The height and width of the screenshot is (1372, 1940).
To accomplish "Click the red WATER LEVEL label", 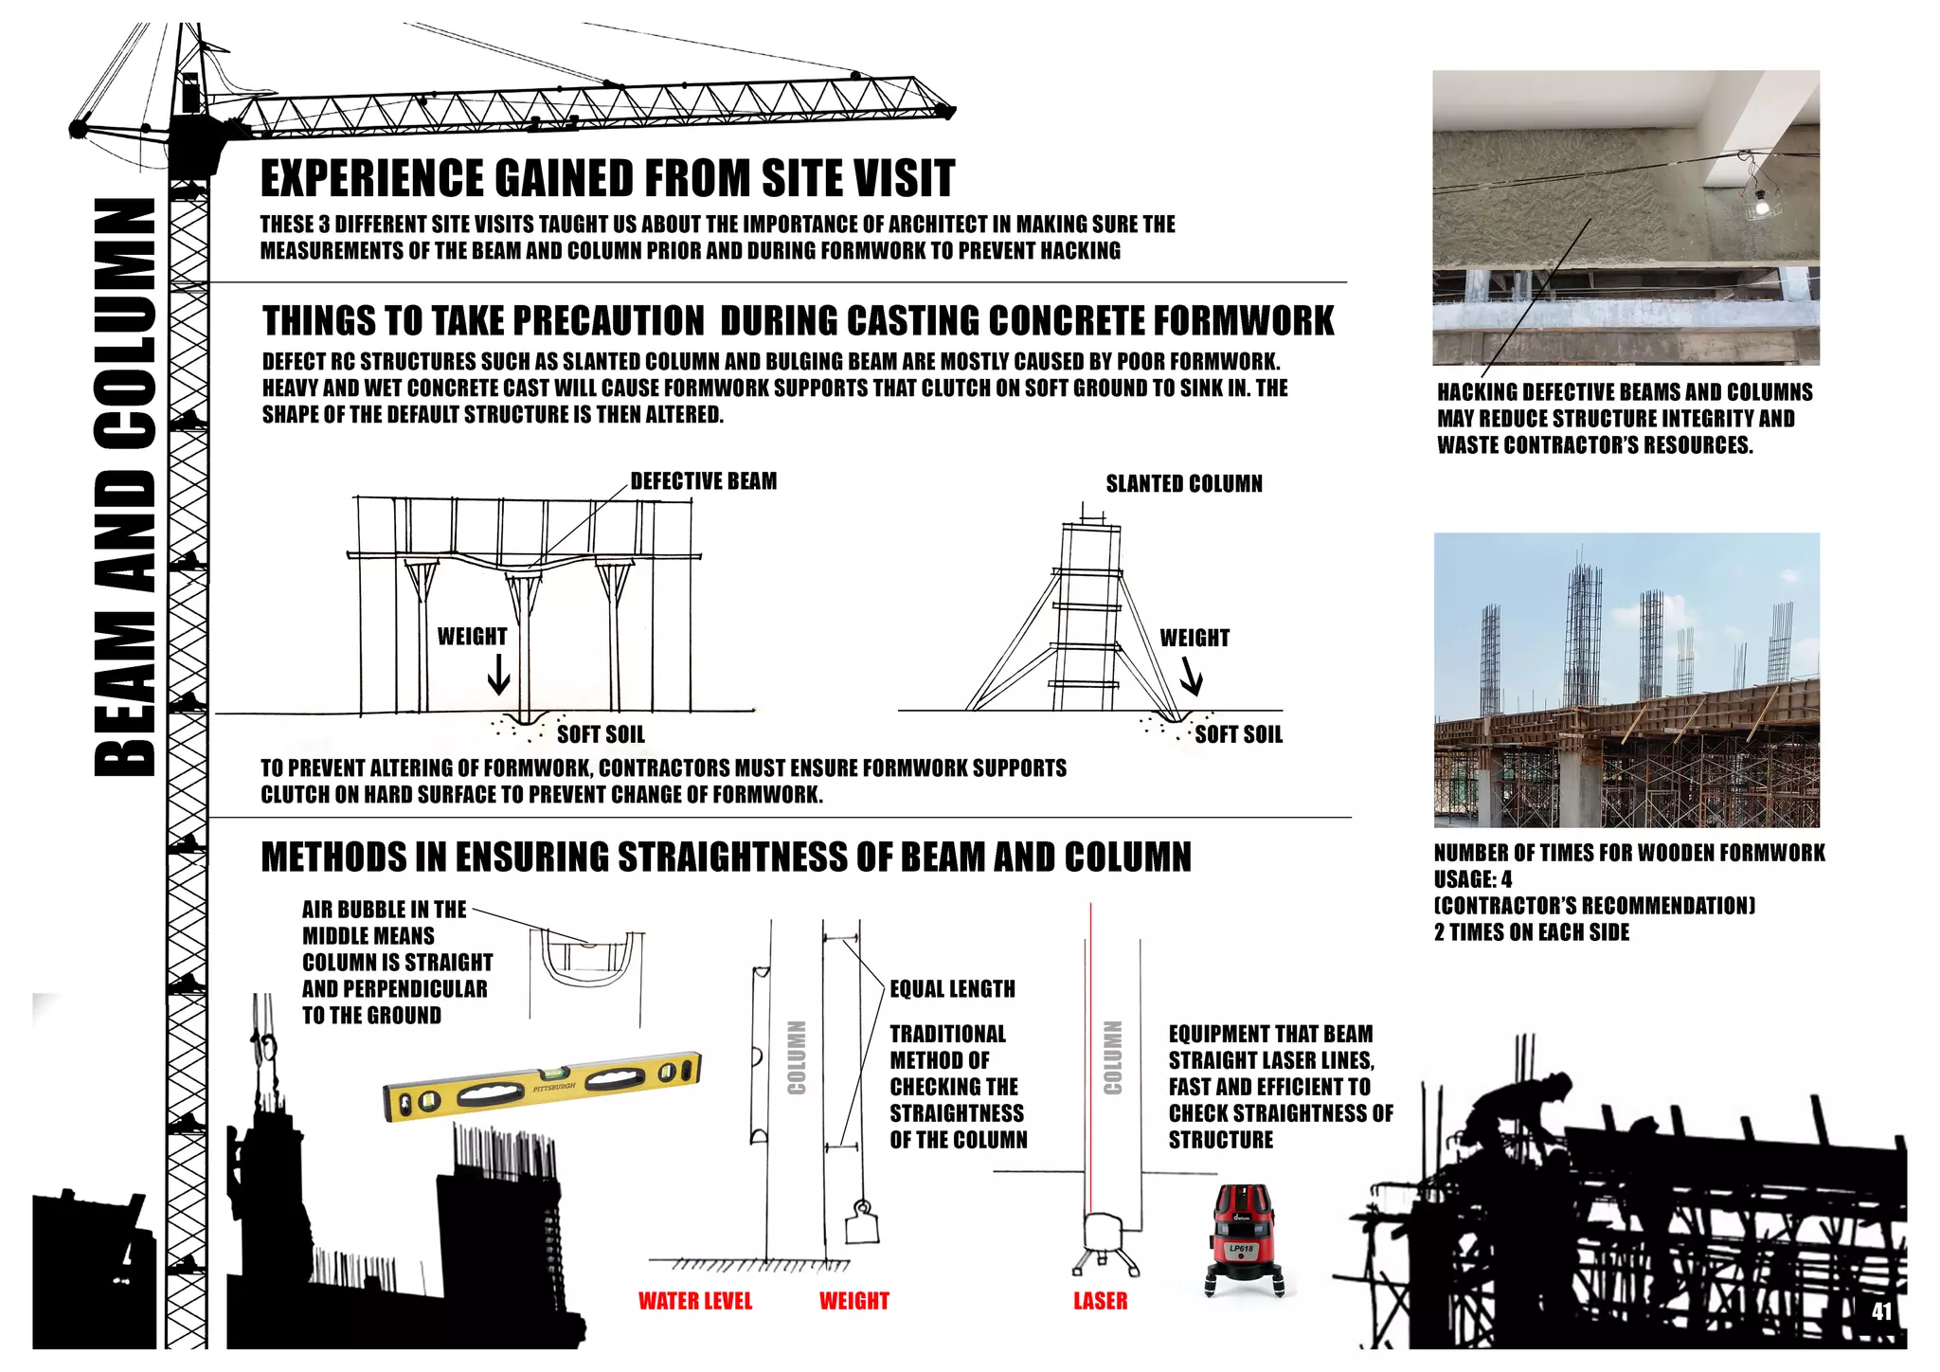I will tap(694, 1301).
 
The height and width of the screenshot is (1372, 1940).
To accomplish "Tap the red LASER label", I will tap(1100, 1301).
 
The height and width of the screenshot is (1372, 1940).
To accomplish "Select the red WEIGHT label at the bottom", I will tap(853, 1301).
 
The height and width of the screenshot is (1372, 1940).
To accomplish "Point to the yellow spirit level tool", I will tap(543, 1086).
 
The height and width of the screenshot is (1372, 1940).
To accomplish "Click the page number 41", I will tap(1881, 1311).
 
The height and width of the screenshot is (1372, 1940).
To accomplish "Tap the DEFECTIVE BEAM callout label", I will tap(703, 481).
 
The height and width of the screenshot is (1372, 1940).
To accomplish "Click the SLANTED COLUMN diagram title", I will tap(1183, 484).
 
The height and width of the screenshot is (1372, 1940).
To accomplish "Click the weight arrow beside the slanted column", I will tap(1191, 677).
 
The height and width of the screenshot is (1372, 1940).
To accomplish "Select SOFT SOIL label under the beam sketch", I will tap(601, 734).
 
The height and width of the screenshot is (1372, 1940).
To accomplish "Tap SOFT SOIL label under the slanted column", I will tap(1238, 734).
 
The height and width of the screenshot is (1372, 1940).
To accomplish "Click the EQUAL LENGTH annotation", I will tap(952, 989).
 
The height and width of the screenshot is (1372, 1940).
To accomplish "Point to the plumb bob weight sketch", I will tap(861, 1223).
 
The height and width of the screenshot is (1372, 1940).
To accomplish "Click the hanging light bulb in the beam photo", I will tap(1761, 202).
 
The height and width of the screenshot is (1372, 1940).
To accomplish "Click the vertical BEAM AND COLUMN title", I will tap(125, 488).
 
